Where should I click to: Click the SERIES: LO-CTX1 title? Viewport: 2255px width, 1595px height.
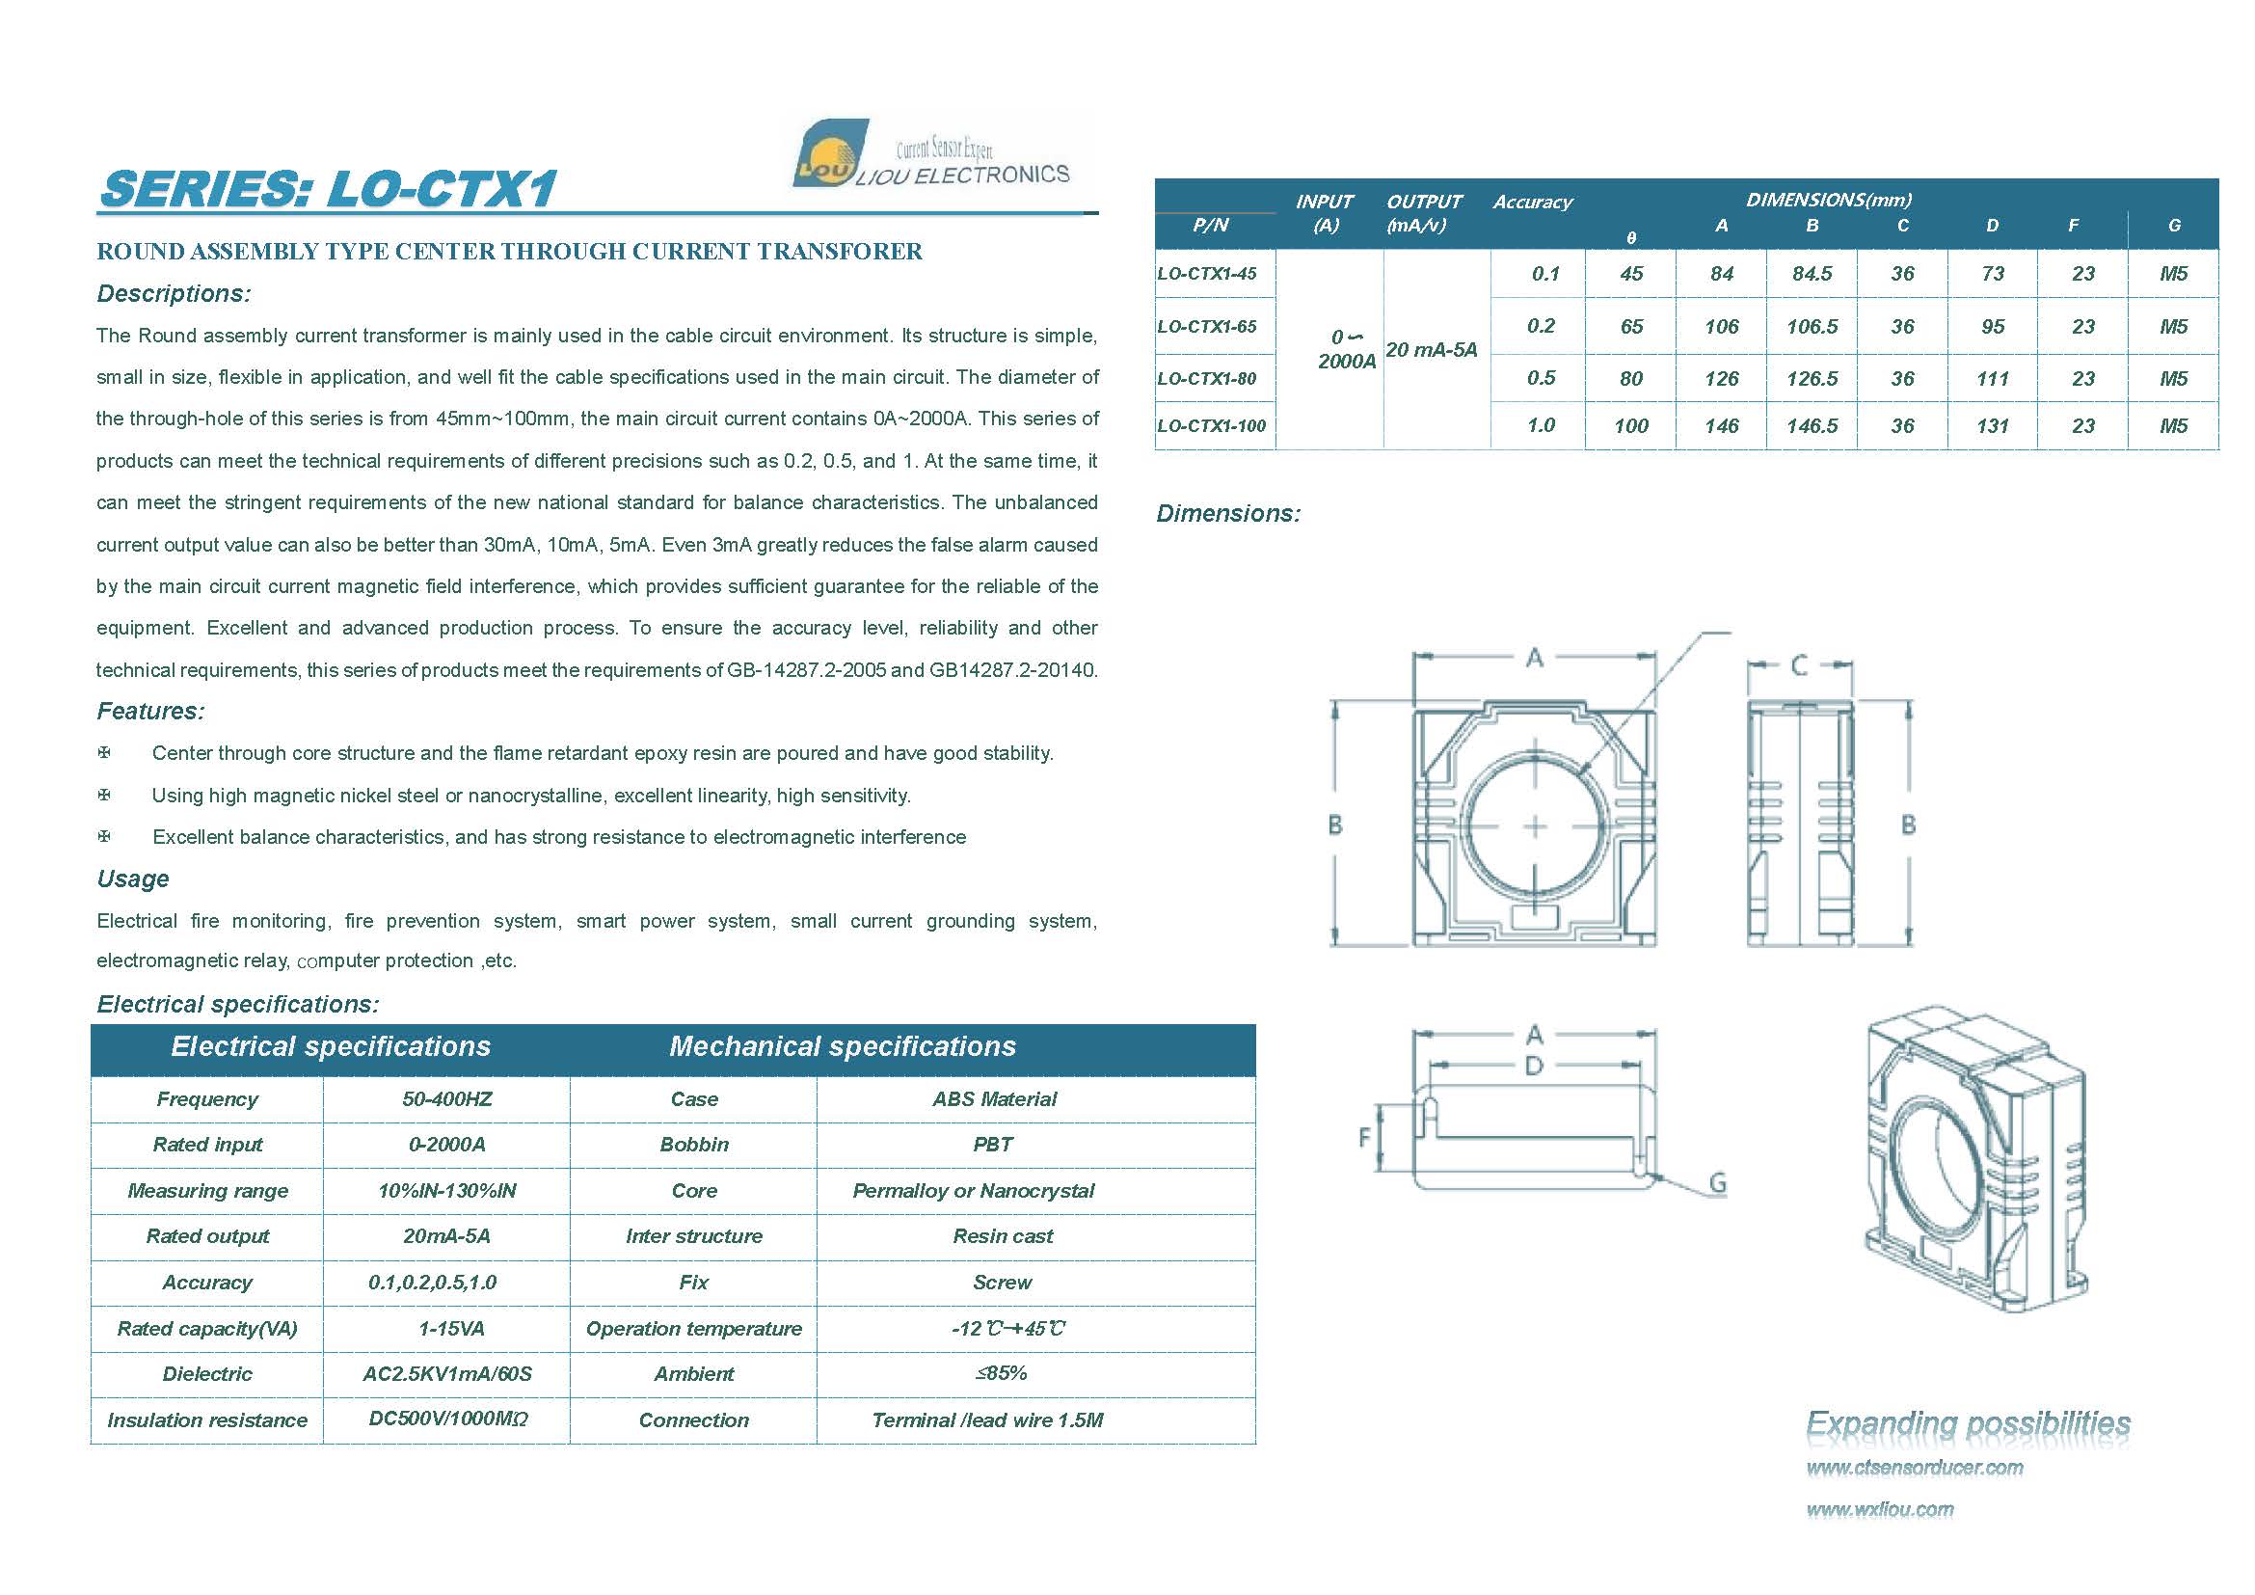[x=329, y=189]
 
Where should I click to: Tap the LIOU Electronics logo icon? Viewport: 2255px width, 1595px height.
[x=829, y=154]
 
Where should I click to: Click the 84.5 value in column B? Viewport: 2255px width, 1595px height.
[x=1812, y=274]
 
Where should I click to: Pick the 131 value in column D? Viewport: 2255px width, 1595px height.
[x=1992, y=426]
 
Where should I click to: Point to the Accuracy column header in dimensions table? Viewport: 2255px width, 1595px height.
[x=1532, y=203]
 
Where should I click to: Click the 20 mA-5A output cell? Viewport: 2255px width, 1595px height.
[x=1431, y=350]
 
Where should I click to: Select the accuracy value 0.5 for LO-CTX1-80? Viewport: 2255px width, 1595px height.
[x=1540, y=378]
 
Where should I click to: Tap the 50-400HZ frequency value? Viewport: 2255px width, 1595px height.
[x=447, y=1099]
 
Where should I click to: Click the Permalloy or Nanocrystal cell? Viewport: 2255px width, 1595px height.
[x=973, y=1190]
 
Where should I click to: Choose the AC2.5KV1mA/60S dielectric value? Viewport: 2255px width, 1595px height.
[x=447, y=1374]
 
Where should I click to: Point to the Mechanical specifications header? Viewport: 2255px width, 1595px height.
[x=842, y=1046]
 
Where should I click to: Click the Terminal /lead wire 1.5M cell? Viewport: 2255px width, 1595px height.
[x=987, y=1420]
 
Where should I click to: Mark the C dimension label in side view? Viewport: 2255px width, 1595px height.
[x=1798, y=666]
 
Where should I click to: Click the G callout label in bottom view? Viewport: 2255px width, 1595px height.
[x=1718, y=1182]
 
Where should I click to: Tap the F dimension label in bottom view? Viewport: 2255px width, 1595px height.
[x=1363, y=1137]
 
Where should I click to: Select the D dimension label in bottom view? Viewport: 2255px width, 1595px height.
[x=1534, y=1066]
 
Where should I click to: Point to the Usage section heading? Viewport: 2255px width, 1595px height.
[x=133, y=879]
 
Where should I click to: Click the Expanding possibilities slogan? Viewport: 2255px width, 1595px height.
[x=1969, y=1422]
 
